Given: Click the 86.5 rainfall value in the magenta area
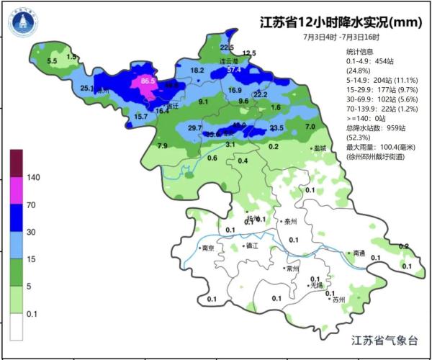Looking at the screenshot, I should pos(148,81).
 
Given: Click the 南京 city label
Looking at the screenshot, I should pos(208,248).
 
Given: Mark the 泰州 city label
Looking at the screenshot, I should pos(291,222).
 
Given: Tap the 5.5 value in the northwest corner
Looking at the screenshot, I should pos(52,62).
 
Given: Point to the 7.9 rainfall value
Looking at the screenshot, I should pos(162,146).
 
